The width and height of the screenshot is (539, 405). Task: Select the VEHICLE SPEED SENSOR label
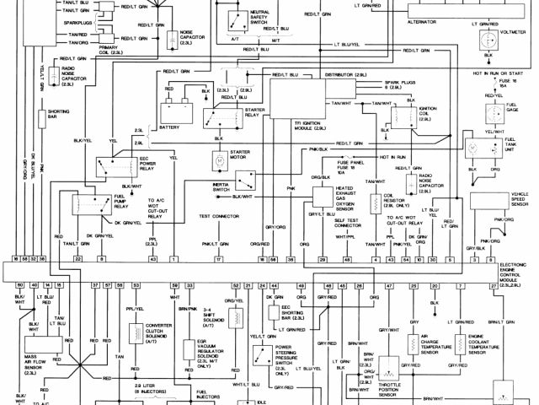[511, 199]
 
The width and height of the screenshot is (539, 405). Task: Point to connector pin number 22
[77, 260]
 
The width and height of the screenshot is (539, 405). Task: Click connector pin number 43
[152, 260]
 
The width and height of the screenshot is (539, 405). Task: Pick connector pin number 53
[136, 287]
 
